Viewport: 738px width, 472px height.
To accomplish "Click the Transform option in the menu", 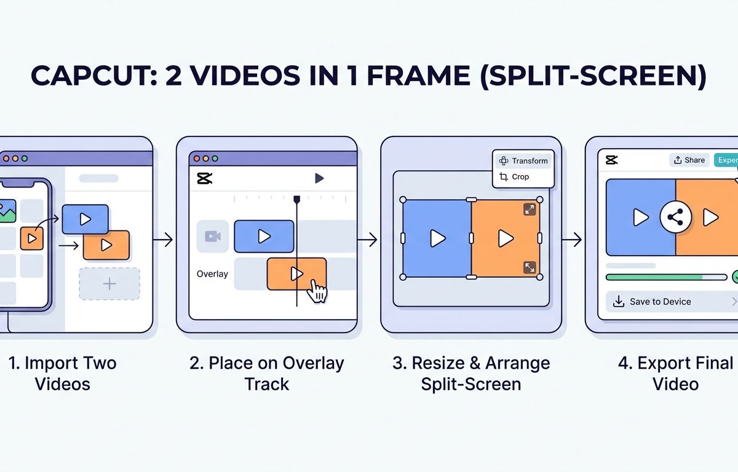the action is (x=523, y=160).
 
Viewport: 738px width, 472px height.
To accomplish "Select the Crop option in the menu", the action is (x=514, y=177).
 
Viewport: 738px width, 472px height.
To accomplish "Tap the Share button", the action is (x=689, y=160).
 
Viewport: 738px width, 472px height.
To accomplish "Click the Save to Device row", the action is (x=672, y=302).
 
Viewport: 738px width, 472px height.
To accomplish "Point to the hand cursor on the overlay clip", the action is (x=317, y=291).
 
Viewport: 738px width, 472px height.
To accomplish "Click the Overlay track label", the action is (x=212, y=274).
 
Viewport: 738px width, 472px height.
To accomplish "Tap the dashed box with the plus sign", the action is (x=109, y=283).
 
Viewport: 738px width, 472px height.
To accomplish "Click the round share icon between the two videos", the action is (x=675, y=217).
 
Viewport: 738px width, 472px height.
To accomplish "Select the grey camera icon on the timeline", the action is (x=213, y=236).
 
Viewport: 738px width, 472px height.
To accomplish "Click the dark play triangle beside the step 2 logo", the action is (x=319, y=178).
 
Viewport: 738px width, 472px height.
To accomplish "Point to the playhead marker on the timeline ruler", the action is (x=297, y=199).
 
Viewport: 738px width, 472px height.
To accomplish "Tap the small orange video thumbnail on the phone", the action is (x=32, y=238).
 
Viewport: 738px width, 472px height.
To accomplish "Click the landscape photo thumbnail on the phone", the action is (x=7, y=211).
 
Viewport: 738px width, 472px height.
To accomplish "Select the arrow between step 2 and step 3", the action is (x=367, y=239).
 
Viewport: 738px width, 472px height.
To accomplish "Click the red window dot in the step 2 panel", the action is (x=197, y=159).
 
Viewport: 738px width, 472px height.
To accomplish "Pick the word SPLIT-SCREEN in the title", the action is (x=593, y=76).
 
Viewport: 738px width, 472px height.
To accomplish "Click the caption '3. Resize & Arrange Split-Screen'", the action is (x=471, y=374).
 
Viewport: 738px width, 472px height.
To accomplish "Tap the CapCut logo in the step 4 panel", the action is (x=611, y=160).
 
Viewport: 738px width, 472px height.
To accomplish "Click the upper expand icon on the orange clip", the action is (x=530, y=210).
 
